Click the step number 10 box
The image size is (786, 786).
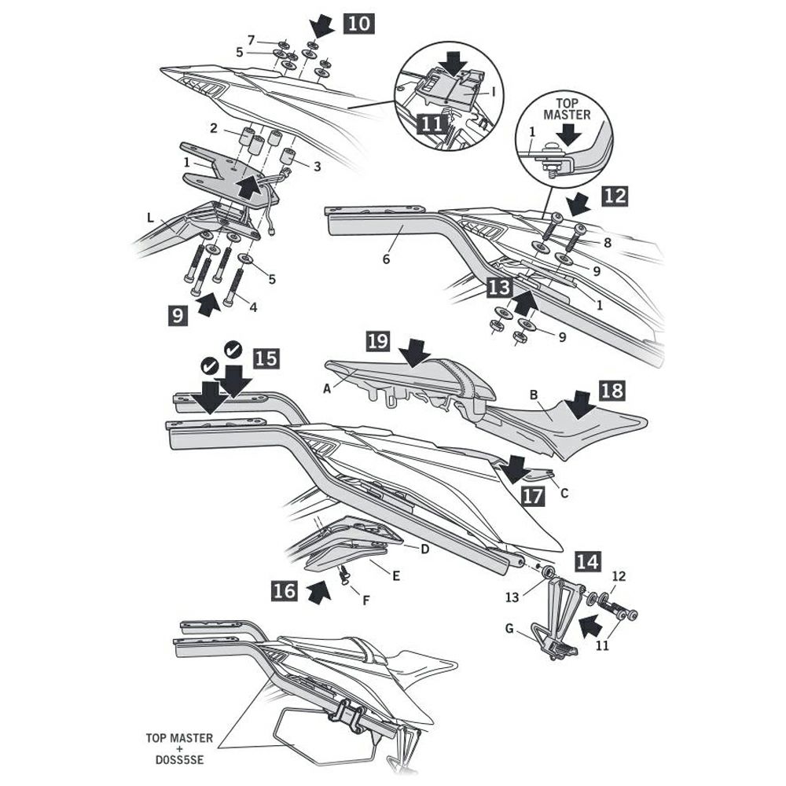(358, 23)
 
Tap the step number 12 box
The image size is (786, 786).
(615, 196)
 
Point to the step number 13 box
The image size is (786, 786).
(498, 288)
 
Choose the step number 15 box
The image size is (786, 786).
(266, 359)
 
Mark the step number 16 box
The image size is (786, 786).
(285, 590)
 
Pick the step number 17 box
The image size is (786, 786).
(532, 497)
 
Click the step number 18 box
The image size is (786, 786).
(614, 391)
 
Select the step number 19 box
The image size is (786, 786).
(378, 341)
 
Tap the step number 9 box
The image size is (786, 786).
(178, 316)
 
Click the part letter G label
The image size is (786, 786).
(510, 629)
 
